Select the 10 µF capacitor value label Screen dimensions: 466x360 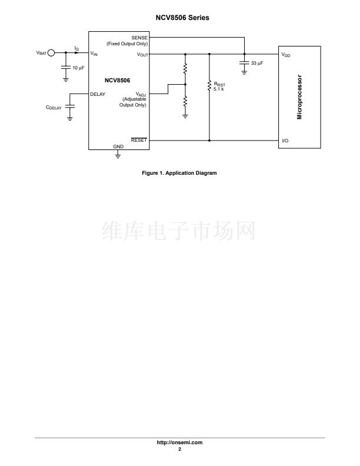78,68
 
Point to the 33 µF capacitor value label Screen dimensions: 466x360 257,62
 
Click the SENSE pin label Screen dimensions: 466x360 140,38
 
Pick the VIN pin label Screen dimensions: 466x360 94,54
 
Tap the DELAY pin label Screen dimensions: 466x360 98,94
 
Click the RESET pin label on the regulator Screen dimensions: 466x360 139,141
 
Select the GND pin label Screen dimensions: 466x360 118,145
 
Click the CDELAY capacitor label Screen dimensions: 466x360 54,108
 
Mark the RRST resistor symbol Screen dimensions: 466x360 209,86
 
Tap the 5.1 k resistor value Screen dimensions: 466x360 219,89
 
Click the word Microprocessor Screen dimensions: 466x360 299,97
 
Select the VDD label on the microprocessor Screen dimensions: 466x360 286,55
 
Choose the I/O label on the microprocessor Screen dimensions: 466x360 285,141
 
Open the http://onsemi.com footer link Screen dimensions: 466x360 180,442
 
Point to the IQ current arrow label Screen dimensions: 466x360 76,48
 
